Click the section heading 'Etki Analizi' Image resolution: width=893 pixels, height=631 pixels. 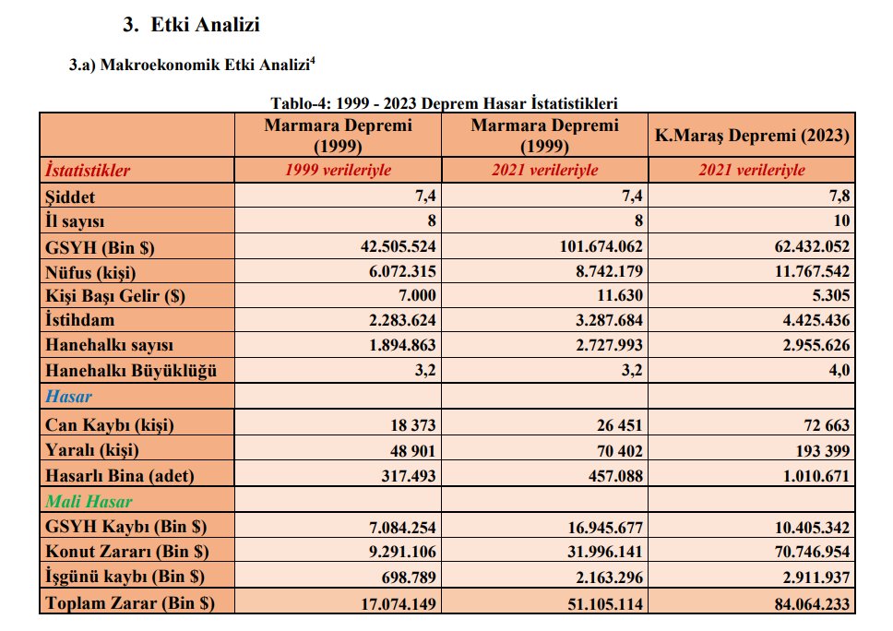[x=205, y=25]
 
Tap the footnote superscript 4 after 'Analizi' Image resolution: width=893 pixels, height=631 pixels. [x=313, y=60]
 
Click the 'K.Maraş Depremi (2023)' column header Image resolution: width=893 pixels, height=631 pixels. [x=752, y=135]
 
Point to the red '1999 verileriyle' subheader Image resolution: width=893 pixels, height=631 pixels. [x=338, y=170]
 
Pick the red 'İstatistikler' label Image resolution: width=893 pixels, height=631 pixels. [x=88, y=170]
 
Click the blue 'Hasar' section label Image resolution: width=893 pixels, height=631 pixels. [x=68, y=396]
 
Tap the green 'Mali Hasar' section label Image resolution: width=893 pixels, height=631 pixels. [x=89, y=501]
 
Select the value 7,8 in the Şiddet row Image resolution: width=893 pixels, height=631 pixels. [x=839, y=196]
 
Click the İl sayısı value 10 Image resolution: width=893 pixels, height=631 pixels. [x=841, y=221]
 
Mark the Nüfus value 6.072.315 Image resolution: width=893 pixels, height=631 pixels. [x=402, y=271]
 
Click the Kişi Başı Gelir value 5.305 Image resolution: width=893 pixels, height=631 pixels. [x=832, y=295]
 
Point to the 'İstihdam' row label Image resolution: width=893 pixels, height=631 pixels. [x=79, y=319]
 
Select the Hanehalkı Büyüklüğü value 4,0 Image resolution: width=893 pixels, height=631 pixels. [x=839, y=370]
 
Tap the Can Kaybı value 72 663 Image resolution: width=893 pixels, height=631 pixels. [x=823, y=425]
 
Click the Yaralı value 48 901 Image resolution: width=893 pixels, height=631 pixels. [x=412, y=450]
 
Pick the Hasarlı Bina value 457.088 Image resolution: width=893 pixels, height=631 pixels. [x=615, y=475]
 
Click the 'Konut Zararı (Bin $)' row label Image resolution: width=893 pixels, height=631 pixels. [x=127, y=552]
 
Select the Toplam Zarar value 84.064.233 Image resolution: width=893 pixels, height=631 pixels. [x=812, y=603]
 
